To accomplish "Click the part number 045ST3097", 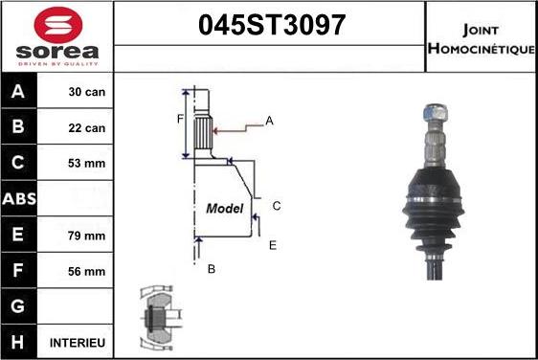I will (x=269, y=27).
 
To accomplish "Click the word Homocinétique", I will (x=481, y=48).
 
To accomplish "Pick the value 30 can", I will (x=86, y=93).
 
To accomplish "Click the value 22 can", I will (x=86, y=128).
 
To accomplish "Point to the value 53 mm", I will (x=86, y=164).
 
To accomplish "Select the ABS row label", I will (x=19, y=199).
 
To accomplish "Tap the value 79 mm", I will (x=86, y=235).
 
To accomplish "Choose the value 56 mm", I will (x=86, y=271).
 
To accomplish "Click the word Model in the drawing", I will (x=225, y=208).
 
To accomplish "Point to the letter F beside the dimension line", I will (x=179, y=119).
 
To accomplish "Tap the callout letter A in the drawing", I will (x=270, y=120).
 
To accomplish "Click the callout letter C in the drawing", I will (x=276, y=206).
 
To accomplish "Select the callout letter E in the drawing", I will (x=273, y=245).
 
